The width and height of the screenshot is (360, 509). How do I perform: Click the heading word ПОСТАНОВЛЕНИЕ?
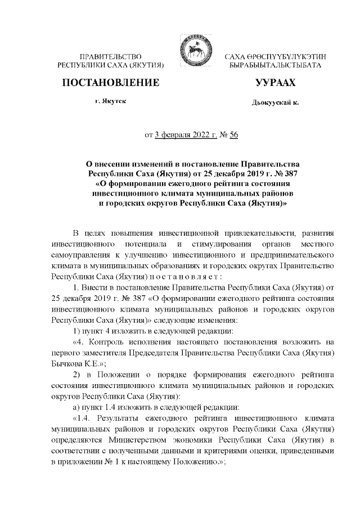coord(110,83)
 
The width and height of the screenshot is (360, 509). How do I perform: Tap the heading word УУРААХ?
coord(275,83)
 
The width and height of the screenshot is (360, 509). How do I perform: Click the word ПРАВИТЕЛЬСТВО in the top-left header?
coord(110,57)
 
